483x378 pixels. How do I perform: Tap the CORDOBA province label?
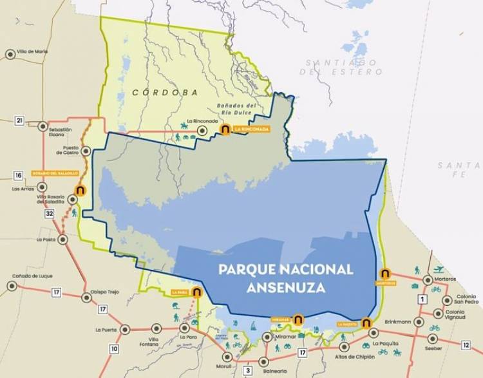[165, 93]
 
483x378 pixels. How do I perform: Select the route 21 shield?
[19, 121]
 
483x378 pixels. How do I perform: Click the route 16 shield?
[18, 175]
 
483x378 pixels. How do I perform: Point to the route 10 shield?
[114, 349]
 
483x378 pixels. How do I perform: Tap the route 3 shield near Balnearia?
[247, 370]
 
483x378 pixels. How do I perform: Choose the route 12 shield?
[466, 345]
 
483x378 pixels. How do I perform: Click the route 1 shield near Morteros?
[422, 299]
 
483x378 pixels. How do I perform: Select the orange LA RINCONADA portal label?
[251, 129]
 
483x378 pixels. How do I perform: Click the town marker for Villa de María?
[10, 55]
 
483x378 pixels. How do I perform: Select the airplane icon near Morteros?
[439, 269]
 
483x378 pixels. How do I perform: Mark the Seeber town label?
[433, 348]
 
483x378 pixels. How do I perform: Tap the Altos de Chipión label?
[356, 356]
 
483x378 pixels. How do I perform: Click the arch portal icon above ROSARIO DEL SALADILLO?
[80, 191]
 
